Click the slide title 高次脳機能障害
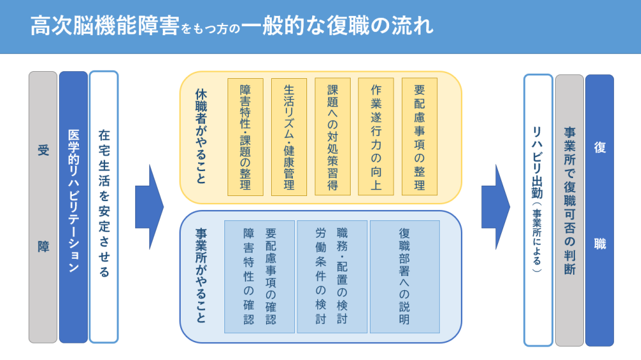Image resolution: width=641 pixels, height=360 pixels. click(104, 26)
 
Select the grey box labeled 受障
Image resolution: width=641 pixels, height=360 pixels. click(43, 207)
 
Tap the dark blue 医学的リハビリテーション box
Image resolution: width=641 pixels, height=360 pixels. click(74, 207)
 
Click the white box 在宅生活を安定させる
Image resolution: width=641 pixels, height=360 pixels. click(104, 207)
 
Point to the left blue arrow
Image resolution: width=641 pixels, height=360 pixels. click(149, 207)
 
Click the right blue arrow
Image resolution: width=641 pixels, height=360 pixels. click(495, 207)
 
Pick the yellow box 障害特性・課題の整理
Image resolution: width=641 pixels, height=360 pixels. click(246, 137)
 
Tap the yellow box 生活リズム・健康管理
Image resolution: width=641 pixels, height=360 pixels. click(289, 137)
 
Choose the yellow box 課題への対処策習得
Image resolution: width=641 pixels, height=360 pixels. click(332, 136)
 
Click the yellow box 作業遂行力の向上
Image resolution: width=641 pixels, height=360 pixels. click(376, 136)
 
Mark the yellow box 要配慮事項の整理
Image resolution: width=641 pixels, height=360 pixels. click(420, 136)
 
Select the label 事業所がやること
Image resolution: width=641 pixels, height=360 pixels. click(201, 276)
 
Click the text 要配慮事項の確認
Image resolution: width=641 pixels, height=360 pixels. click(271, 276)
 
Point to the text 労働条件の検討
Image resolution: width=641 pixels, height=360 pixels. click(321, 276)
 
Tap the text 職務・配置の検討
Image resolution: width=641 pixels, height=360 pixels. click(342, 276)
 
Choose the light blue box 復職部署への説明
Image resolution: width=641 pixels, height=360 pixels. click(404, 277)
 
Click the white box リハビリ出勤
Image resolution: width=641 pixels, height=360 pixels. click(538, 210)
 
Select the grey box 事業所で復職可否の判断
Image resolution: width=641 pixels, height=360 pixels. click(569, 211)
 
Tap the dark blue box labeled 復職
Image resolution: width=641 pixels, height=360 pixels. click(600, 211)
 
